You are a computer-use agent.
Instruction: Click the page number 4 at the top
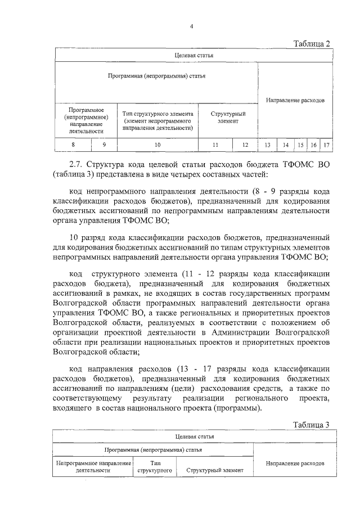tap(191, 26)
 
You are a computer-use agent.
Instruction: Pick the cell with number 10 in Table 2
tap(157, 145)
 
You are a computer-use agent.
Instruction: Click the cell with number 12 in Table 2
tap(245, 145)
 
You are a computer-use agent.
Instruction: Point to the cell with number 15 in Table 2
tap(301, 145)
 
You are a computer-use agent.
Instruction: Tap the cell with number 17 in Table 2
tap(326, 145)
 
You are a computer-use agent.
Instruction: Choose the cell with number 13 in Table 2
tap(267, 145)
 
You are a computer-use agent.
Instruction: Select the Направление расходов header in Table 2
tap(295, 100)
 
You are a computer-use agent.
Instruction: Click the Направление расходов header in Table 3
tap(295, 464)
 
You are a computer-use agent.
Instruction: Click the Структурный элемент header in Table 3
tap(214, 469)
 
